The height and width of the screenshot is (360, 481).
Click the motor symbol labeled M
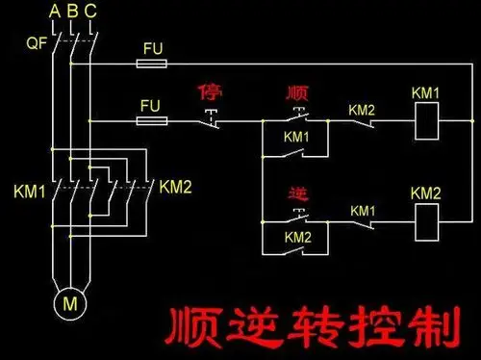pyautogui.click(x=69, y=303)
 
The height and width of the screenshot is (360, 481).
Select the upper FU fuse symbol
pyautogui.click(x=152, y=64)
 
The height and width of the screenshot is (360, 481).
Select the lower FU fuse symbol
pyautogui.click(x=152, y=121)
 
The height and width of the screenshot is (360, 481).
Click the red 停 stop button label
pyautogui.click(x=210, y=92)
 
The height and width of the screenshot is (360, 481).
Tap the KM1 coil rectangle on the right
pyautogui.click(x=425, y=121)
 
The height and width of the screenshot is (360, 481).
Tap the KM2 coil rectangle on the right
pyautogui.click(x=425, y=221)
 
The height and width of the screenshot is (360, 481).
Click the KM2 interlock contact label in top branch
pyautogui.click(x=362, y=110)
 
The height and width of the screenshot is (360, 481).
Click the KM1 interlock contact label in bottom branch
pyautogui.click(x=363, y=210)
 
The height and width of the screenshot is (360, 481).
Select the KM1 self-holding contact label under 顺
pyautogui.click(x=296, y=137)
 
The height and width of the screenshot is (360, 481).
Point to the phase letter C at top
pyautogui.click(x=89, y=11)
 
